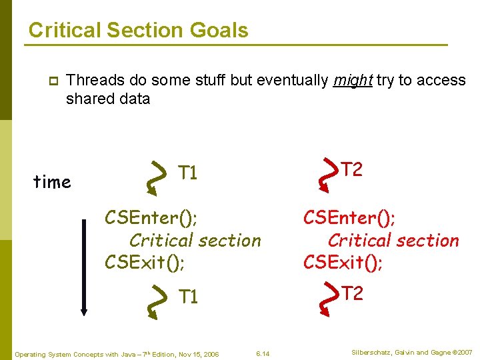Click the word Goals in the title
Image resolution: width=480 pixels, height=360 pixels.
[219, 30]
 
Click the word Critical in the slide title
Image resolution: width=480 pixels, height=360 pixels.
[65, 30]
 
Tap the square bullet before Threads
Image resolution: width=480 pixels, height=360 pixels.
[53, 81]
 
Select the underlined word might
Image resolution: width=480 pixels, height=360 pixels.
[353, 81]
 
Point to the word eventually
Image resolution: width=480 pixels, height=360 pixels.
[293, 81]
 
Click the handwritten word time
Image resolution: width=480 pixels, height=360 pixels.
[52, 181]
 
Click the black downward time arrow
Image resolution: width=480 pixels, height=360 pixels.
[84, 267]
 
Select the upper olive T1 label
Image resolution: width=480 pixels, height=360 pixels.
[187, 173]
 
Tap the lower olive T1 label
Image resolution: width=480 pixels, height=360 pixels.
[188, 296]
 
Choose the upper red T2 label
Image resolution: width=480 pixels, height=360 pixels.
[352, 169]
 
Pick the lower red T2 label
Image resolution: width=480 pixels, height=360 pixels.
[353, 293]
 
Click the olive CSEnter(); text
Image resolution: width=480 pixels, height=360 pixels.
[151, 217]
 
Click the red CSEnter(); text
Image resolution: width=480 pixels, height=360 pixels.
[349, 217]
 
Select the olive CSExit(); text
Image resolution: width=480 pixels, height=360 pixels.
[145, 263]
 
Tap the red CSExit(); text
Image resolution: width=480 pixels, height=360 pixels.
[343, 263]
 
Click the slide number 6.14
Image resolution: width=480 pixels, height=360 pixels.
[263, 354]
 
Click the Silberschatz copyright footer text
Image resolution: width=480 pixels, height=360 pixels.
[412, 353]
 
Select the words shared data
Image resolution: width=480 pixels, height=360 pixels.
[108, 99]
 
